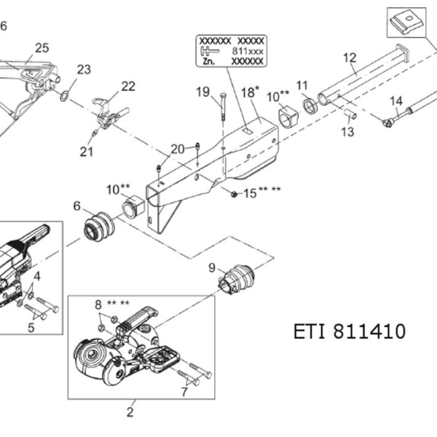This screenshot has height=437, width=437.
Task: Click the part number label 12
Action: pos(350,58)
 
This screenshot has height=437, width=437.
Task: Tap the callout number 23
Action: pos(84,69)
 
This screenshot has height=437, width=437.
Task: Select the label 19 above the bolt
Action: pos(202,92)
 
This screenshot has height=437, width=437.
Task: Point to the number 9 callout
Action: pos(212,267)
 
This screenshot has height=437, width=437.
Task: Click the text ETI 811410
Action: pos(350,331)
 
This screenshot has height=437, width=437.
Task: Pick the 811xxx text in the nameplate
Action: pos(248,51)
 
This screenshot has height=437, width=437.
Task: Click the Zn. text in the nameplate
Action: pos(209,61)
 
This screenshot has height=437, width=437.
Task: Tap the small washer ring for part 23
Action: pos(64,96)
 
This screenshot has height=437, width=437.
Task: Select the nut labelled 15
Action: pos(234,194)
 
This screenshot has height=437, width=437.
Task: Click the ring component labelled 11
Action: pos(310,106)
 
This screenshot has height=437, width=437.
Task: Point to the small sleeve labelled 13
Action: pos(350,114)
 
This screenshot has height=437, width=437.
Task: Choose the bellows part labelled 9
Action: pos(236,280)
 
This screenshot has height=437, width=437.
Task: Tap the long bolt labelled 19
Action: pos(224,107)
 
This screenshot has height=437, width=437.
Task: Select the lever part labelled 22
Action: pos(109,113)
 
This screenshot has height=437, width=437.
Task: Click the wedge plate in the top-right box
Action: pos(406,23)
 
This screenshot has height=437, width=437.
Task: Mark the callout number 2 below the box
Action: pos(130,412)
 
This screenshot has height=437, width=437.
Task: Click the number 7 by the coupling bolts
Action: pos(184,392)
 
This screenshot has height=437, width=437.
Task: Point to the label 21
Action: pos(87,152)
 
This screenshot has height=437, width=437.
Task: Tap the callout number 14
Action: pos(396,101)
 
